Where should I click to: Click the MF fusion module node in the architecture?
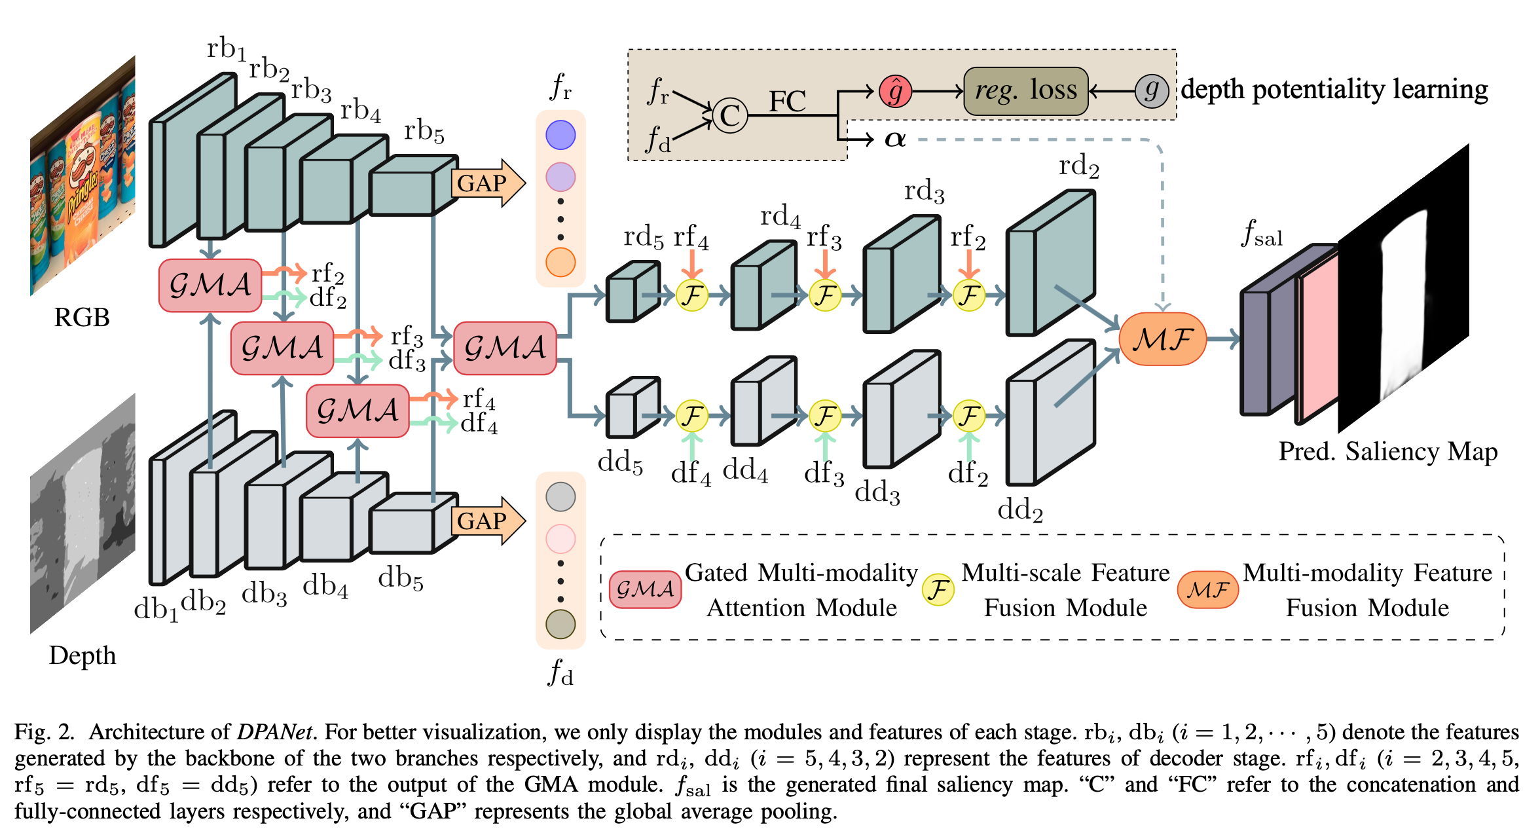[1162, 339]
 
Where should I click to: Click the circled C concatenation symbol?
[729, 116]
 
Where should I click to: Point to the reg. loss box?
[1025, 90]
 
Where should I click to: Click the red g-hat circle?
[895, 90]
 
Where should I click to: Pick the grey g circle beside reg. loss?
[1152, 90]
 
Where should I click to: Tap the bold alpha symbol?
[894, 139]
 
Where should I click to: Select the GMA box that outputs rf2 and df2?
[210, 285]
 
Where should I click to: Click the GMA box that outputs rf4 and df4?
[357, 411]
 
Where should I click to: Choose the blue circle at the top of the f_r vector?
[560, 135]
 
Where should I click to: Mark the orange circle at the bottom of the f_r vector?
[560, 262]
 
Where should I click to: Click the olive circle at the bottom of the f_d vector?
[560, 624]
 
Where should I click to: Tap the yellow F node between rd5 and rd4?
[692, 295]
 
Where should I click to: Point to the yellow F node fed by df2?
[969, 415]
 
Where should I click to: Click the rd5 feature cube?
[632, 292]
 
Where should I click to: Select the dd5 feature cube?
[632, 407]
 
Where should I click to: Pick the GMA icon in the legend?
[645, 589]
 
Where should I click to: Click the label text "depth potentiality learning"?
[1334, 89]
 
